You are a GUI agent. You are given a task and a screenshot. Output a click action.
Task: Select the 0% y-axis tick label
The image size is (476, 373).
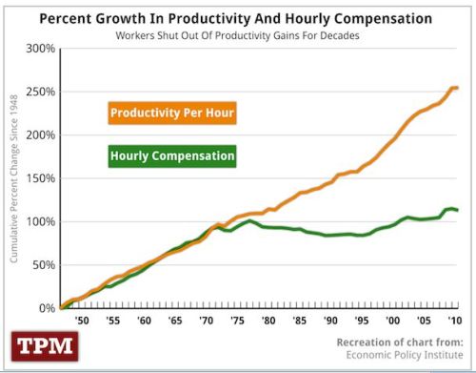[46, 308]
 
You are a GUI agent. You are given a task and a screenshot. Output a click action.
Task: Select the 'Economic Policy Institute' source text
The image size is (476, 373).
[403, 357]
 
